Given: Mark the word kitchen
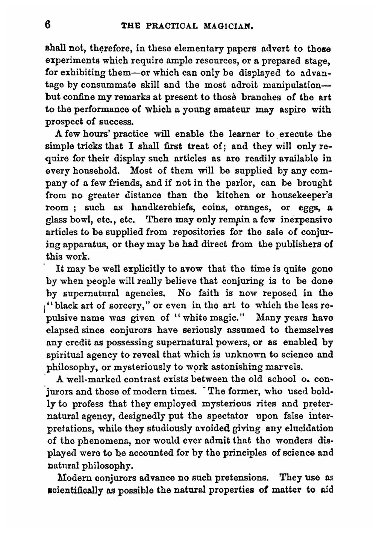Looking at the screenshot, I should pyautogui.click(x=233, y=195).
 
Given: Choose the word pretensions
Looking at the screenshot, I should pyautogui.click(x=239, y=478).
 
